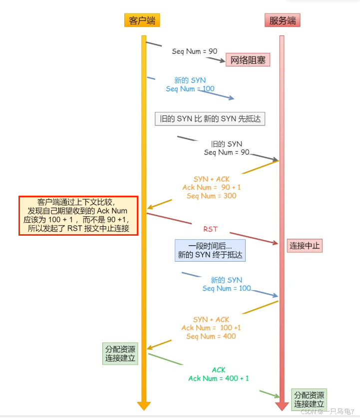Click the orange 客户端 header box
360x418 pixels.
[x=142, y=20]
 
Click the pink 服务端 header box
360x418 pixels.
[x=282, y=20]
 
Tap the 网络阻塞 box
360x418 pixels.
[x=248, y=60]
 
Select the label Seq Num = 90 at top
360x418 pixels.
[x=195, y=51]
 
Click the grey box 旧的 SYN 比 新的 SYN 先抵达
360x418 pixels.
[x=210, y=119]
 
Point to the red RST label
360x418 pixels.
[x=210, y=229]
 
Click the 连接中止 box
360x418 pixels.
[x=305, y=245]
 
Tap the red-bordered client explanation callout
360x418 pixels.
[x=78, y=215]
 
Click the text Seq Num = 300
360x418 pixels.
[x=211, y=196]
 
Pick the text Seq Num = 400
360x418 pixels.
[x=211, y=336]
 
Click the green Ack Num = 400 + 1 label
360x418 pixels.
[x=218, y=378]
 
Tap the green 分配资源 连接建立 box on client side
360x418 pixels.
[x=120, y=353]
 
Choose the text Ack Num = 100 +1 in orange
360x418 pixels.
[x=211, y=328]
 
